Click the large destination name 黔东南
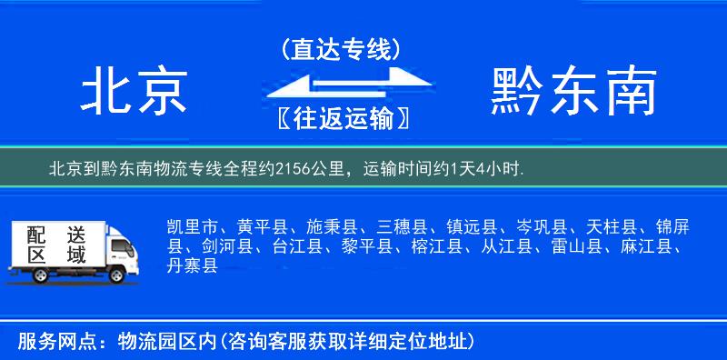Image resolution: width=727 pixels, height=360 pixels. point(573,93)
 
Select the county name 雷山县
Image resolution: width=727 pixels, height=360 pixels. point(578,245)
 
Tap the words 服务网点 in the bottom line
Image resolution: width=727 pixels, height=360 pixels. point(47,342)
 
